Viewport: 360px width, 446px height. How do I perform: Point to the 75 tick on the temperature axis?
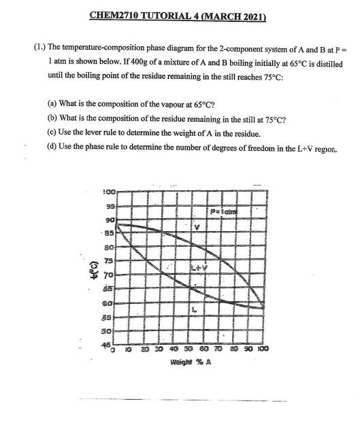(x=108, y=260)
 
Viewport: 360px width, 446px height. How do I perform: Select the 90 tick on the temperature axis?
(x=108, y=220)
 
